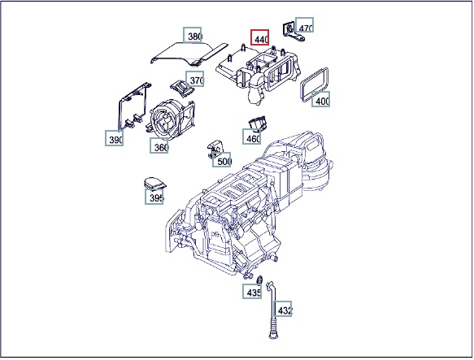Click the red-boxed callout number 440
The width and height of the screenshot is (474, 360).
[x=259, y=37]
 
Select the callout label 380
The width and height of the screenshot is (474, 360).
[x=192, y=35]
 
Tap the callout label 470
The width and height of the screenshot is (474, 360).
[x=304, y=25]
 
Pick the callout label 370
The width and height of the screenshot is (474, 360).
[x=194, y=79]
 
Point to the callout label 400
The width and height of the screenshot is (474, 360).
[x=320, y=99]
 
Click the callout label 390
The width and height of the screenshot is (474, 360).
[x=115, y=138]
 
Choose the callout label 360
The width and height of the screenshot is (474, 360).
[x=159, y=145]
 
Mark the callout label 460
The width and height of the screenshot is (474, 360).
[x=252, y=137]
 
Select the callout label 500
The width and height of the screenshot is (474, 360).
[x=222, y=159]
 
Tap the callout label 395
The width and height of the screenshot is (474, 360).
[x=154, y=197]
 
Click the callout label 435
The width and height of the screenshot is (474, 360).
[x=252, y=291]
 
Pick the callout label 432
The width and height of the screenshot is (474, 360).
[x=283, y=309]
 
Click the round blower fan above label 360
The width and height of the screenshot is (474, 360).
[x=165, y=119]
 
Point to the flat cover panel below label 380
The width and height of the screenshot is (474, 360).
[x=189, y=54]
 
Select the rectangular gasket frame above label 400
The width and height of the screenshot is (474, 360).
[x=315, y=85]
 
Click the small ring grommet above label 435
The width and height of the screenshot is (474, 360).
[x=259, y=280]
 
